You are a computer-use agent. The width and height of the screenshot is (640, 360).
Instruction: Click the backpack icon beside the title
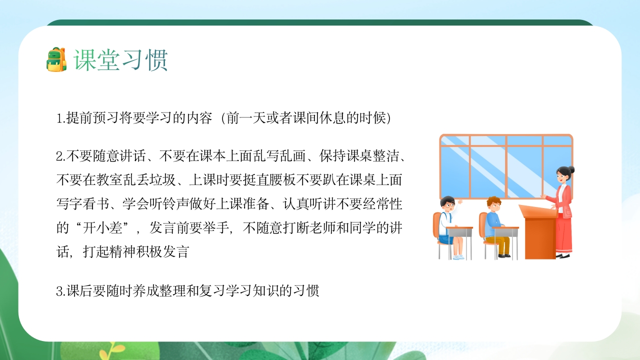56,59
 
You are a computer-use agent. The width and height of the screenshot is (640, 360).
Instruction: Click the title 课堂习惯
121,60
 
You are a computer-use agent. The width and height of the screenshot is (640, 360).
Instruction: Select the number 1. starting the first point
60,119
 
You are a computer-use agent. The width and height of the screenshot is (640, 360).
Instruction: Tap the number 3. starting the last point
60,291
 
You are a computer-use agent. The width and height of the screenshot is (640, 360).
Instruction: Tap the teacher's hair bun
571,170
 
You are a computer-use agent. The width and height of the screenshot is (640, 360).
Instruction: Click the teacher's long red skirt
564,235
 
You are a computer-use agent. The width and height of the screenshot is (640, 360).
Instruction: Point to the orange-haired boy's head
493,203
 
